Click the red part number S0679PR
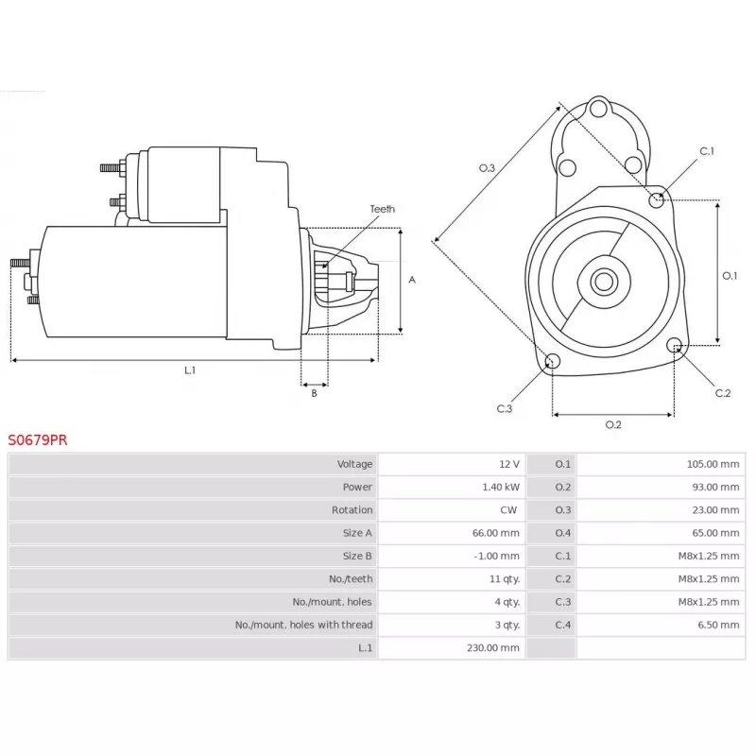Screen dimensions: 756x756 pyautogui.click(x=38, y=439)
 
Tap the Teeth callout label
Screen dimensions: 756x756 pyautogui.click(x=383, y=209)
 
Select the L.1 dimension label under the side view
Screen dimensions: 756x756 pyautogui.click(x=190, y=370)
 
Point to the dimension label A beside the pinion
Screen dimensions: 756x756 pyautogui.click(x=412, y=280)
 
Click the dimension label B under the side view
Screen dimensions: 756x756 pyautogui.click(x=315, y=393)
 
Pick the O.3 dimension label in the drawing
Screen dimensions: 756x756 pyautogui.click(x=487, y=168)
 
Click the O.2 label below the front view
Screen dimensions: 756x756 pyautogui.click(x=613, y=424)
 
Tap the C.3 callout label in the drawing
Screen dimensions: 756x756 pyautogui.click(x=505, y=409)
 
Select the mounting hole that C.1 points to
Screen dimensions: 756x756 pyautogui.click(x=656, y=199)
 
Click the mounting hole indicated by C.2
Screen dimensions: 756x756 pyautogui.click(x=675, y=345)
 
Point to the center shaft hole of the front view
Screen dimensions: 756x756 pyautogui.click(x=604, y=281)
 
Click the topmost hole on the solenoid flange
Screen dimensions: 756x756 pyautogui.click(x=598, y=109)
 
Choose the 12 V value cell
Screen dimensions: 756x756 pyautogui.click(x=509, y=464)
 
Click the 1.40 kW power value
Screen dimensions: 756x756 pyautogui.click(x=501, y=487)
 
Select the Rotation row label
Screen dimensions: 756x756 pyautogui.click(x=352, y=510)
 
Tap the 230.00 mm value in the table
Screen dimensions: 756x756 pyautogui.click(x=492, y=648)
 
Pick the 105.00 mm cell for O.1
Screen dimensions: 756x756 pyautogui.click(x=713, y=464)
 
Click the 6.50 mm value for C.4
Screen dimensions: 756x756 pyautogui.click(x=718, y=625)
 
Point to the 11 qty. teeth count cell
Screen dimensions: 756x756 pyautogui.click(x=505, y=579)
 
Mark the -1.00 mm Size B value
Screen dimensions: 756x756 pyautogui.click(x=497, y=556)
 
